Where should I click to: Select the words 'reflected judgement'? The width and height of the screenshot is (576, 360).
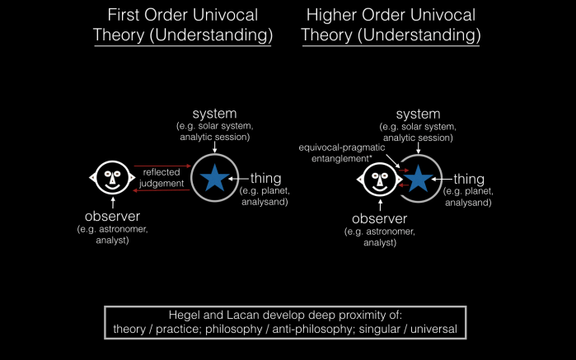162,177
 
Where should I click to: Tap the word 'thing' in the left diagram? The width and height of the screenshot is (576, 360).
262,177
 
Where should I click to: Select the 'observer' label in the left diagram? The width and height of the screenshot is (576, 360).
110,218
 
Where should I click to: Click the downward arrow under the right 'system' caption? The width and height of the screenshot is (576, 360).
419,150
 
